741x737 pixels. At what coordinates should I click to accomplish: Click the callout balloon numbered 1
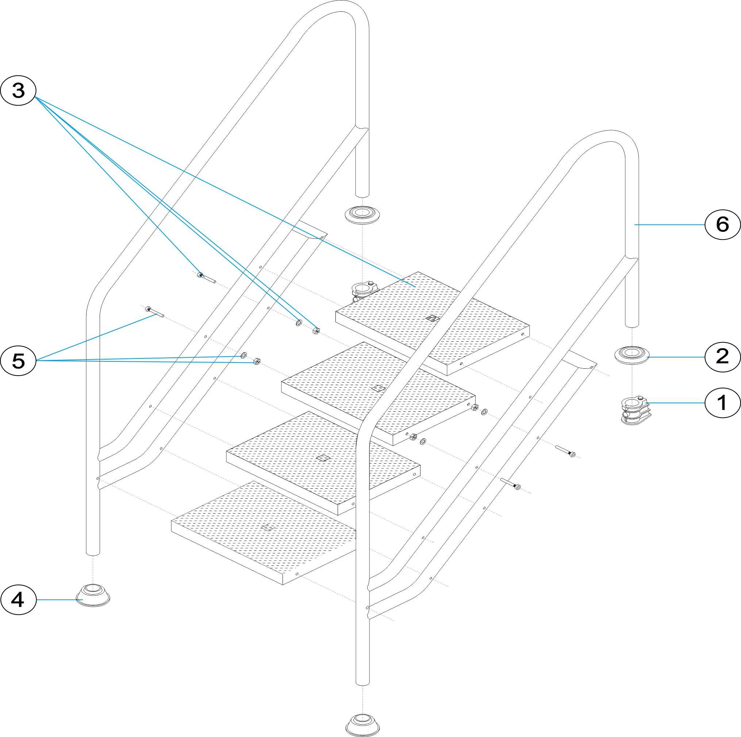722,403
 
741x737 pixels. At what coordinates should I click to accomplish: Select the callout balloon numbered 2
722,357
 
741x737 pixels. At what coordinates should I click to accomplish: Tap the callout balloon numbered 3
18,91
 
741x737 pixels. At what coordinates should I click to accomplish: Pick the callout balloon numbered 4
18,600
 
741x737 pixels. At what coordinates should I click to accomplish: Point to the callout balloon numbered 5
18,361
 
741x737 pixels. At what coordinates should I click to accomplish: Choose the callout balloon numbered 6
722,224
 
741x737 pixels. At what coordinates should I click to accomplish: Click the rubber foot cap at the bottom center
362,724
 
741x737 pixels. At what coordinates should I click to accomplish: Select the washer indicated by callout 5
243,356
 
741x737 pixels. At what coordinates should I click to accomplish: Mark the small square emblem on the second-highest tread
379,388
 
